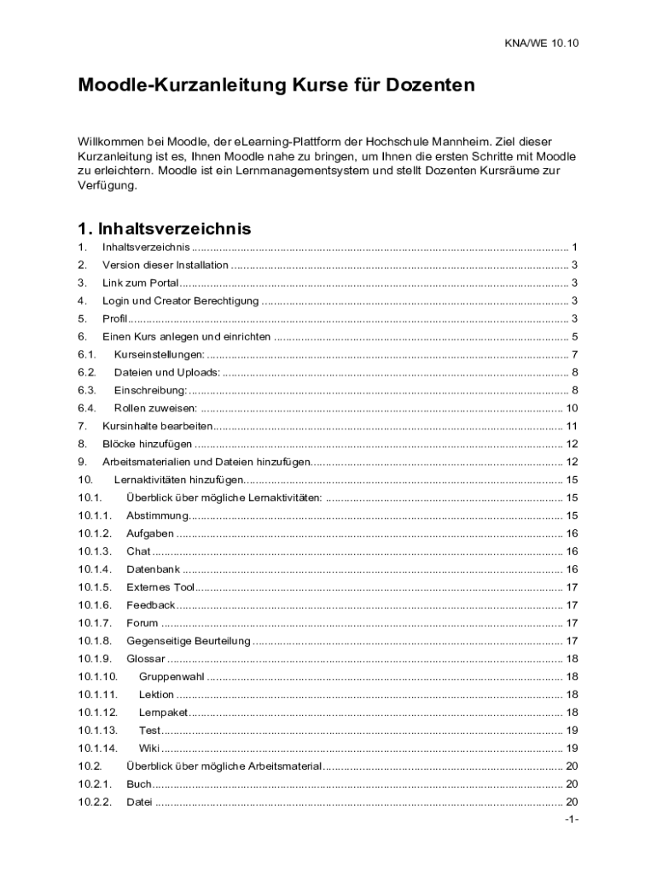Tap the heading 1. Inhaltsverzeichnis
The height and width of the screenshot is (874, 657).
click(164, 229)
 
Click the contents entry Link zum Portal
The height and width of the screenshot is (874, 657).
click(141, 283)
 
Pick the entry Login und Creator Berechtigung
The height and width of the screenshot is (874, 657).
click(180, 300)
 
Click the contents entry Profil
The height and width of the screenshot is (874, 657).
click(114, 318)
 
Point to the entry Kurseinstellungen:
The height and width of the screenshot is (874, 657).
click(160, 354)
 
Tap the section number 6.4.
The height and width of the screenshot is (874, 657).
click(87, 408)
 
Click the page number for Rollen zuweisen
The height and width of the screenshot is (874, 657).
click(572, 408)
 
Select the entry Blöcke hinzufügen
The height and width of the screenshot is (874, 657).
click(147, 444)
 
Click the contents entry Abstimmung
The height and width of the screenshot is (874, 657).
click(157, 516)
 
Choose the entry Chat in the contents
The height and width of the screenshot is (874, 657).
click(138, 551)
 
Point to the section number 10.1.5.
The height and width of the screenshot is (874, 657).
click(95, 587)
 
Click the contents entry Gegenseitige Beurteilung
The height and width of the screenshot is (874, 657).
click(189, 641)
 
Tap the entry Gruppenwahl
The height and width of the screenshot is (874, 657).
click(171, 677)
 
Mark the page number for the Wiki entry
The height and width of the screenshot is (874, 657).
click(572, 748)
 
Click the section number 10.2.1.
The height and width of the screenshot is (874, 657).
click(95, 784)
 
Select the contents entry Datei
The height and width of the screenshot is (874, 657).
click(139, 801)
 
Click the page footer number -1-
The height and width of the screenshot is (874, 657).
click(572, 820)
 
